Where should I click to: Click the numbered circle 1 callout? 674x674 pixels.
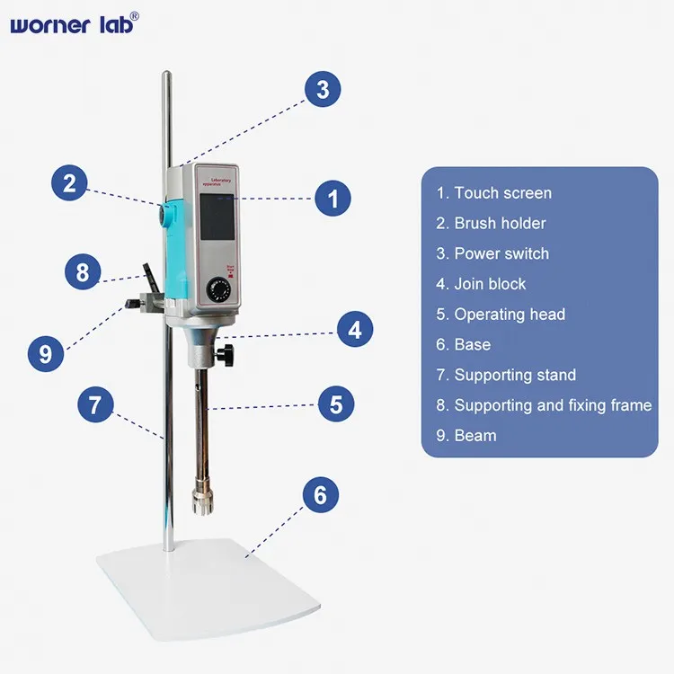333,198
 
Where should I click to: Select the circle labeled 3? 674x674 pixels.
323,89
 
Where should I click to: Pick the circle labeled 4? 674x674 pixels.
355,330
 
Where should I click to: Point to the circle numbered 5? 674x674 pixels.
335,404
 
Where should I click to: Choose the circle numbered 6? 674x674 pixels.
320,495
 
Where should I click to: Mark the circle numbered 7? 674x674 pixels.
95,405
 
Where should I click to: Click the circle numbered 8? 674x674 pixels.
83,270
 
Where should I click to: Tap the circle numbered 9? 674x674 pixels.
46,350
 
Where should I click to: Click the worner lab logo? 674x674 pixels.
75,24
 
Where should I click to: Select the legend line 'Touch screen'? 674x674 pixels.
493,193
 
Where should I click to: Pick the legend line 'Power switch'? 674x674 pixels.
492,253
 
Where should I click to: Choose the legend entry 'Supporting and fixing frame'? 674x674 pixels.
544,405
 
